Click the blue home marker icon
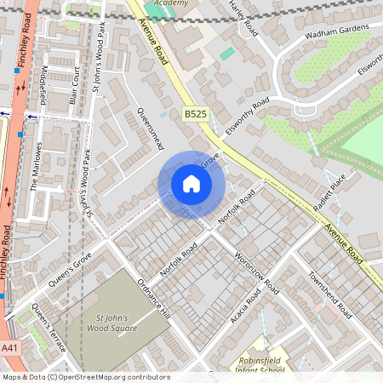pyautogui.click(x=191, y=184)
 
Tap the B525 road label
pyautogui.click(x=196, y=112)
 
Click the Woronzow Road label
pyautogui.click(x=256, y=273)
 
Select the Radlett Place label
pyautogui.click(x=330, y=194)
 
